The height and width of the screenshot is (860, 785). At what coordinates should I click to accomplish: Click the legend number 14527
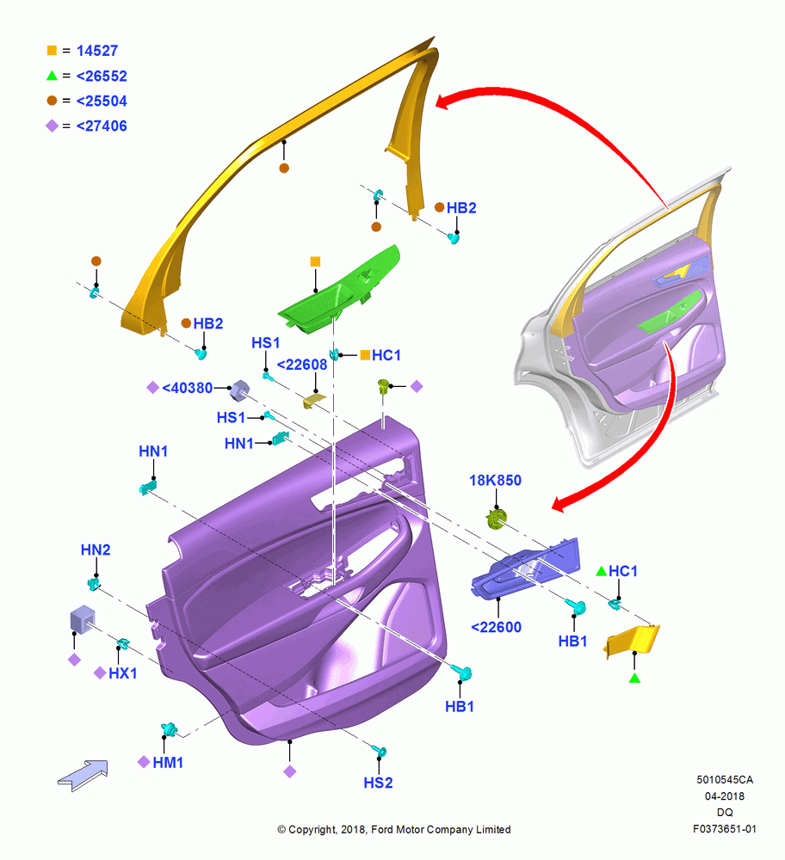coord(97,51)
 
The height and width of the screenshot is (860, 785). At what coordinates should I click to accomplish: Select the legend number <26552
coord(102,76)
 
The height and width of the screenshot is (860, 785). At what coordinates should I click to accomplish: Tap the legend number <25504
coord(102,101)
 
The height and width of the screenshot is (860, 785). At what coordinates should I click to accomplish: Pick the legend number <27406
coord(102,126)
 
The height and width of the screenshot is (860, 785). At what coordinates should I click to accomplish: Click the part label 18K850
coord(495,481)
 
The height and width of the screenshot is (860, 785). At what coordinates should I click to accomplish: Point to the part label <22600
coord(497,627)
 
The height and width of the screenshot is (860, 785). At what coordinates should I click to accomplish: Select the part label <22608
coord(302,365)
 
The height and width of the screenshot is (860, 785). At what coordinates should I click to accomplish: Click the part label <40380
coord(187,388)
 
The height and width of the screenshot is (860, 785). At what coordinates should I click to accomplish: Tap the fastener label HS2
coord(378,783)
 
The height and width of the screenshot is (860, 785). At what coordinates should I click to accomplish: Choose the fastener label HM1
coord(168,762)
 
